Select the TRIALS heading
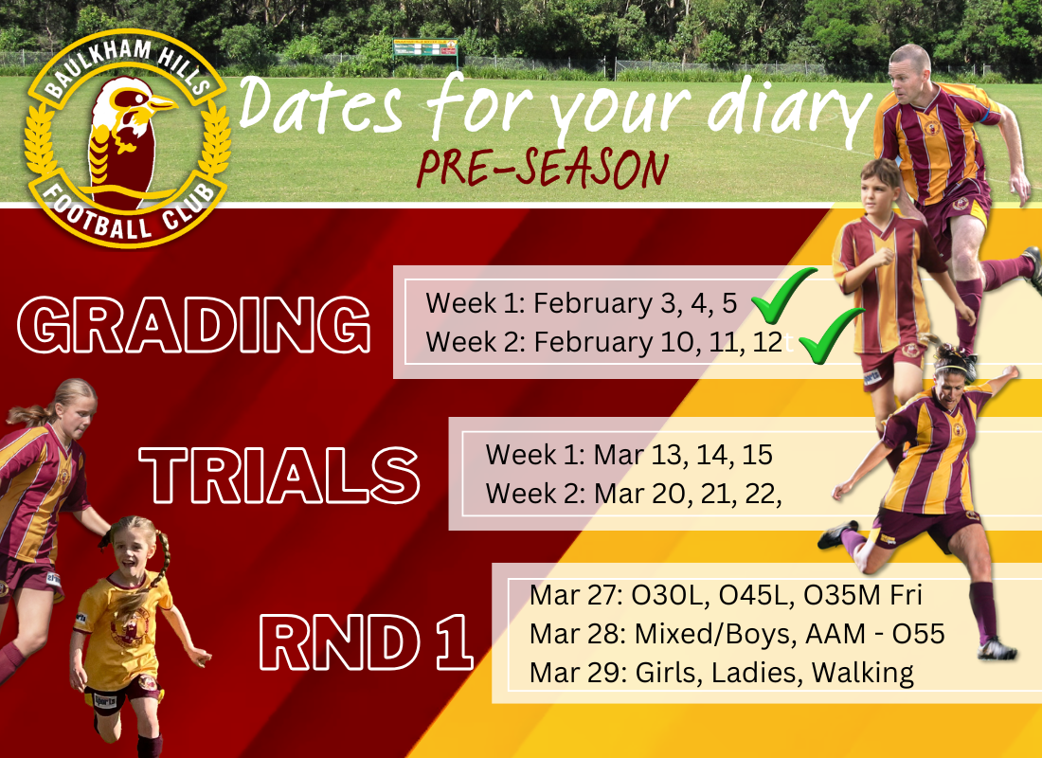click(x=279, y=474)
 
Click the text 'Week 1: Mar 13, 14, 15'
click(x=628, y=455)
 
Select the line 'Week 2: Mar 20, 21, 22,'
click(x=633, y=494)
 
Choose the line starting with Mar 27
click(x=726, y=595)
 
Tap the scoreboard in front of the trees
click(x=424, y=48)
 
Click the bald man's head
click(x=910, y=66)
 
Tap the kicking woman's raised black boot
click(x=838, y=534)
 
